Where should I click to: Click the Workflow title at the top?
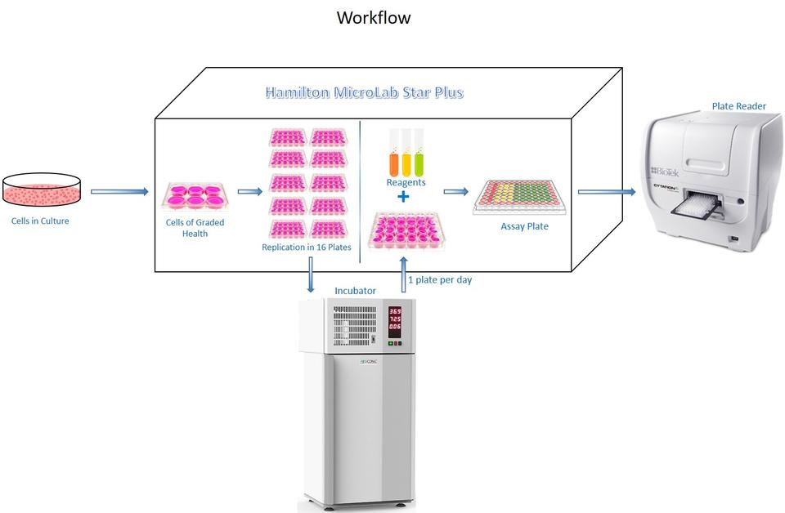point(374,17)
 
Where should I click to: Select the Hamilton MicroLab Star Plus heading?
point(364,92)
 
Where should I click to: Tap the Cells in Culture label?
point(40,221)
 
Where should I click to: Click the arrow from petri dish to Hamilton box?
point(119,192)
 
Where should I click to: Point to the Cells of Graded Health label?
point(195,228)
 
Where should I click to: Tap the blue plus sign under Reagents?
point(403,197)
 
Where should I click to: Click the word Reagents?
point(406,182)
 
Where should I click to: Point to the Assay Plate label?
point(524,226)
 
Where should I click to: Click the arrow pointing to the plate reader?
point(606,193)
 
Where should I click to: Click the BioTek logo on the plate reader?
point(666,172)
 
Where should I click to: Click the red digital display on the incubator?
point(395,320)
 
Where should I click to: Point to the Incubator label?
point(356,290)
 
